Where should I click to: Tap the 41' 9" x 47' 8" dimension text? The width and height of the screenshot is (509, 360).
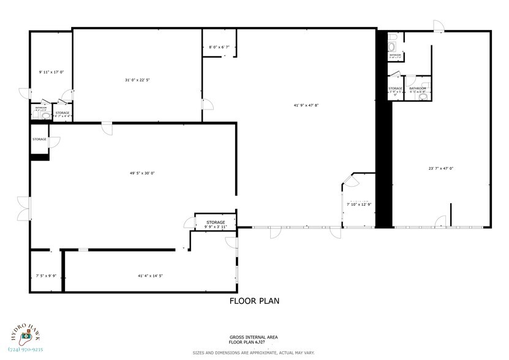[x=306, y=105]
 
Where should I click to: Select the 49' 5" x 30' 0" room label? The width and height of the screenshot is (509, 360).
[x=141, y=173]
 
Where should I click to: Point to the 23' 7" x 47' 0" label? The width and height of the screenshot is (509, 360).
[x=441, y=168]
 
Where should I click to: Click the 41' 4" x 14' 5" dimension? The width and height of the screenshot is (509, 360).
[x=150, y=276]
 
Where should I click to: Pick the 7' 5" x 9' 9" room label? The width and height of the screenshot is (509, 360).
[x=46, y=276]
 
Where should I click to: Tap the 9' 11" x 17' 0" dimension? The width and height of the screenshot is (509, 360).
[x=51, y=72]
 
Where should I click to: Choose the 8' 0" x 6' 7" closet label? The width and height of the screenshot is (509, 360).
[x=219, y=47]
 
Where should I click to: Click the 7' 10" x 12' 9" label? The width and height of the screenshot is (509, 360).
[x=358, y=204]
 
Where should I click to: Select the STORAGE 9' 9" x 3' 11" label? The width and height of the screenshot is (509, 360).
[x=216, y=224]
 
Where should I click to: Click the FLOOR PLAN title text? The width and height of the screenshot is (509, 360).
[x=254, y=301]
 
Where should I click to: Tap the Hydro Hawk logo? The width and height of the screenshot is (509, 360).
[x=26, y=333]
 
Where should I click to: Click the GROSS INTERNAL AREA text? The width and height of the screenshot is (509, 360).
[x=254, y=337]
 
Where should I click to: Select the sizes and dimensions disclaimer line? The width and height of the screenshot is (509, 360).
[x=254, y=353]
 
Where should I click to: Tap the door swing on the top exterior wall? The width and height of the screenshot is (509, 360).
[x=438, y=26]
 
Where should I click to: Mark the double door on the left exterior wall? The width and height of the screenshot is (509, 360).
[x=23, y=208]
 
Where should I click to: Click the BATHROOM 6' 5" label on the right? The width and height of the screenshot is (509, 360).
[x=418, y=90]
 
